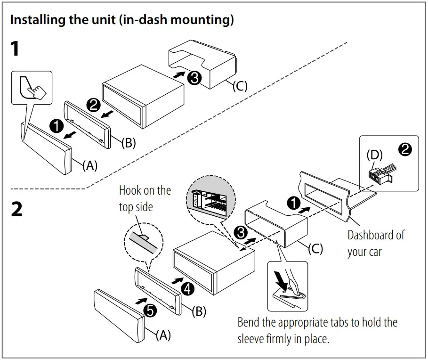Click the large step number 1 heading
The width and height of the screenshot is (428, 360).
point(15,49)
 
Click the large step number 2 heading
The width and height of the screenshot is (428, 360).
point(16,209)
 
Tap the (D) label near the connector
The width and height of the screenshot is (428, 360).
point(375,155)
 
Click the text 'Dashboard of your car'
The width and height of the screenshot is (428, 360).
point(375,243)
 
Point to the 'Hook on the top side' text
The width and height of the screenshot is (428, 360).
point(145,198)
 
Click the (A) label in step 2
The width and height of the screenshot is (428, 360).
point(163,335)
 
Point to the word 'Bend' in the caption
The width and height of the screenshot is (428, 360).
point(248,323)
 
